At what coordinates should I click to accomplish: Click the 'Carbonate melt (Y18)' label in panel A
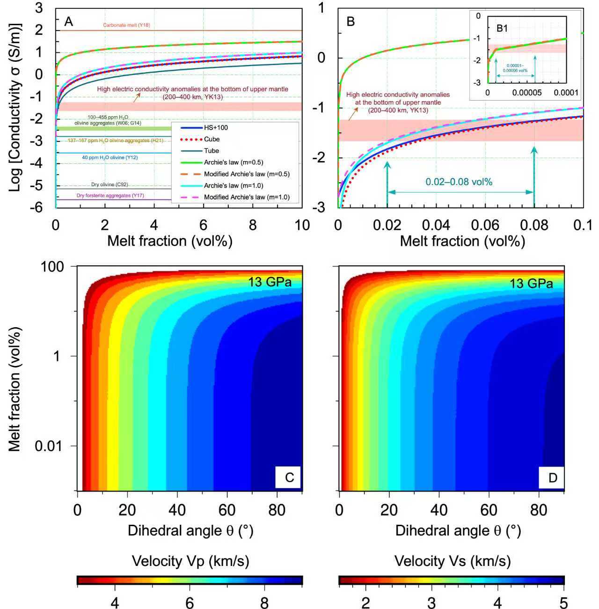pos(126,25)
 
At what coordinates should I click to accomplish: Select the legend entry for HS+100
pos(216,127)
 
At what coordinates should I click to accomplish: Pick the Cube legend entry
pos(212,139)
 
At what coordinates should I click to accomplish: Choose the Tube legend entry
pos(212,151)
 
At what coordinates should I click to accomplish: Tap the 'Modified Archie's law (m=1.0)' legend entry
pos(247,197)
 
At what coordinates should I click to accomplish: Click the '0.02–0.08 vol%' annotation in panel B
pos(459,182)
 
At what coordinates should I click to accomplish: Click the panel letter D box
pos(552,477)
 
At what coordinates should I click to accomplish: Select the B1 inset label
pos(502,28)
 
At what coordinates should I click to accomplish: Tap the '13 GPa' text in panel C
pos(276,282)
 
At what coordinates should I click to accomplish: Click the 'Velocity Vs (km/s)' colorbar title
pos(452,561)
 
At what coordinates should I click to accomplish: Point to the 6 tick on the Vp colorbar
pos(190,603)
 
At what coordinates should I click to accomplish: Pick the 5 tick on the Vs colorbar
pos(564,603)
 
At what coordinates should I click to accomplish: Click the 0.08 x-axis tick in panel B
pos(534,225)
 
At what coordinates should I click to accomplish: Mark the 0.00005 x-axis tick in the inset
pos(526,93)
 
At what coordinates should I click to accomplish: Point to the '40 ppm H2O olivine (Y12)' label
pos(110,158)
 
